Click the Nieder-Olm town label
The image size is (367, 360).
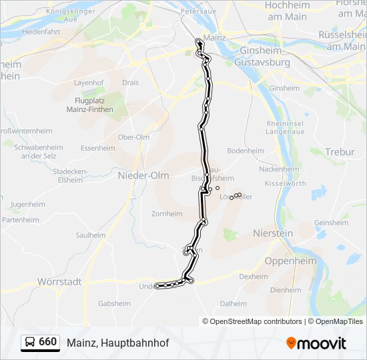click(x=143, y=175)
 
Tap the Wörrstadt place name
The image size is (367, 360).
click(x=59, y=282)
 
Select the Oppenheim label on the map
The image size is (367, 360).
click(x=290, y=261)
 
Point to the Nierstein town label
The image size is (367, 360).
click(x=274, y=233)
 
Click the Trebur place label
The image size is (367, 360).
click(x=340, y=152)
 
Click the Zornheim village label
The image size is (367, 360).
click(x=167, y=214)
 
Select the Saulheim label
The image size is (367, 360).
click(x=90, y=235)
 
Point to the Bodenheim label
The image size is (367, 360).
click(x=246, y=151)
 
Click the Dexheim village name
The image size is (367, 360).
click(x=253, y=276)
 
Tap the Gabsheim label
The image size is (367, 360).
click(x=114, y=303)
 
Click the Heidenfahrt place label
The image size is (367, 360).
click(x=41, y=31)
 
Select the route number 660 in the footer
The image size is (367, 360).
click(x=47, y=341)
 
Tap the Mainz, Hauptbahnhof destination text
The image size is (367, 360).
click(x=117, y=343)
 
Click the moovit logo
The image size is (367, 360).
click(x=316, y=343)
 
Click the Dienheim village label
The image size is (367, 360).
click(x=286, y=290)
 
